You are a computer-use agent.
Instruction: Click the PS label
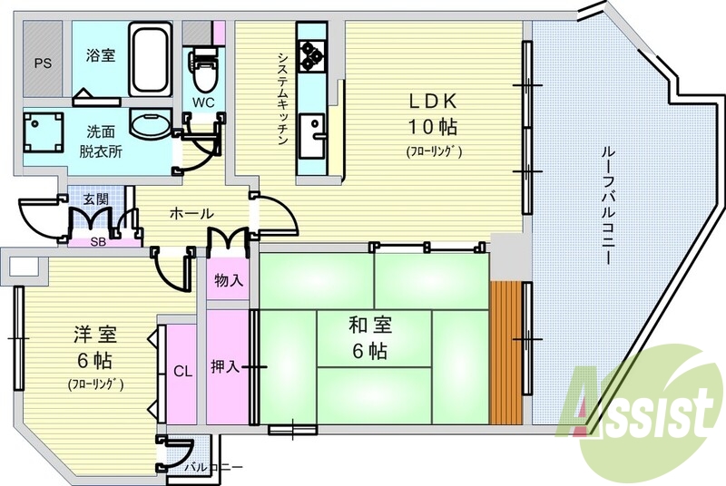pyautogui.click(x=43, y=63)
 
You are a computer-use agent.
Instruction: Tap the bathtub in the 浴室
pyautogui.click(x=150, y=59)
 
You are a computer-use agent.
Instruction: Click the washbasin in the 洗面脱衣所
pyautogui.click(x=150, y=124)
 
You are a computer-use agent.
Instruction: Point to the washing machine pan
pyautogui.click(x=43, y=131)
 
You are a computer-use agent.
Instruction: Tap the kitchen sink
pyautogui.click(x=312, y=136)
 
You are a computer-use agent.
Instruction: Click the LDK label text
pyautogui.click(x=433, y=101)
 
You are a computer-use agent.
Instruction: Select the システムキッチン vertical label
pyautogui.click(x=283, y=99)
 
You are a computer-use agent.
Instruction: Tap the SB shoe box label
pyautogui.click(x=98, y=242)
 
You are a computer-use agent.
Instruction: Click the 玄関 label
pyautogui.click(x=96, y=199)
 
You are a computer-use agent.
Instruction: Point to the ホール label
pyautogui.click(x=191, y=214)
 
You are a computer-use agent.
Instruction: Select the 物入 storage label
pyautogui.click(x=229, y=280)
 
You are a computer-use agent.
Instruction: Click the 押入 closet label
pyautogui.click(x=225, y=366)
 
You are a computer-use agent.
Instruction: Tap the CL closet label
pyautogui.click(x=183, y=372)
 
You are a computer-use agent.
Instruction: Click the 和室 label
pyautogui.click(x=370, y=325)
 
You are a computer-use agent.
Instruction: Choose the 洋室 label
pyautogui.click(x=95, y=335)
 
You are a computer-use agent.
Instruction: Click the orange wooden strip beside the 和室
pyautogui.click(x=506, y=353)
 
